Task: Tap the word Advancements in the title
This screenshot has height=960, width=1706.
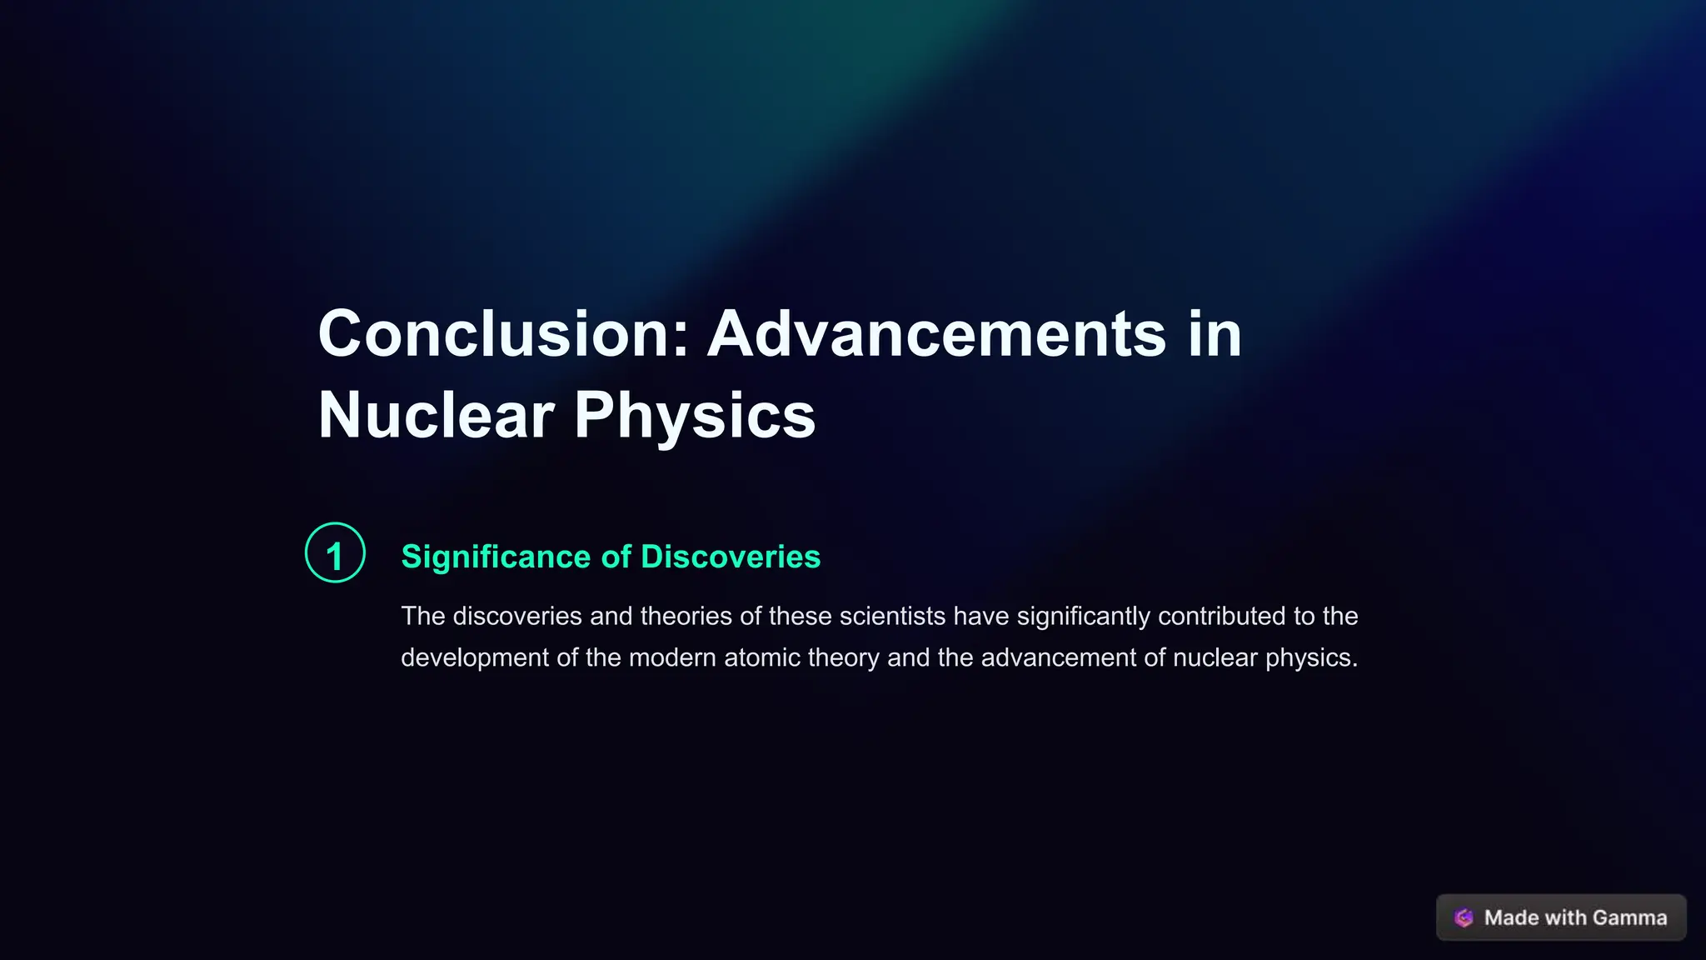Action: coord(936,334)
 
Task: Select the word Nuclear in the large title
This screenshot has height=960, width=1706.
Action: coord(436,415)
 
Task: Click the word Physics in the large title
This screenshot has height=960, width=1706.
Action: coord(695,415)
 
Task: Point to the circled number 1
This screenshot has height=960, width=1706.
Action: coord(335,553)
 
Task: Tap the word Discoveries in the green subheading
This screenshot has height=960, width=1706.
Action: coord(731,557)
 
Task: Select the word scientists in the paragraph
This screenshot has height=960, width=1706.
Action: coord(892,616)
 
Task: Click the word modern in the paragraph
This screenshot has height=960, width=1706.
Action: coord(672,657)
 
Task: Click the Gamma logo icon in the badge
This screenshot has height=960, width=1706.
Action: coord(1464,917)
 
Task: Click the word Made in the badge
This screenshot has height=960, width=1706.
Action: coord(1511,917)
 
